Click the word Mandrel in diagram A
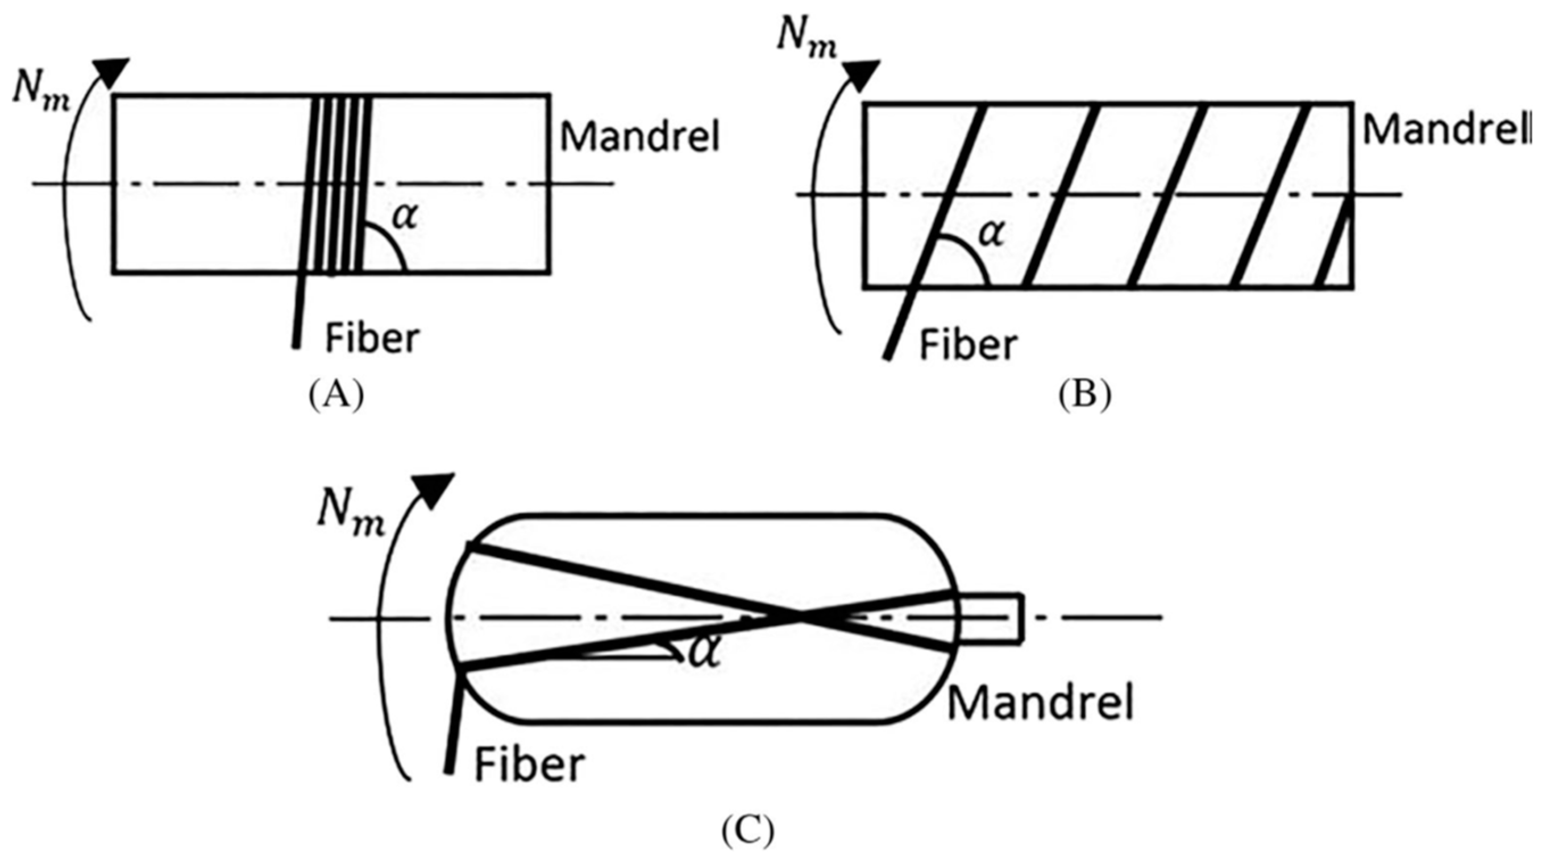tap(639, 137)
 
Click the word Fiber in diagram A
tap(372, 340)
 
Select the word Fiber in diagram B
tap(968, 346)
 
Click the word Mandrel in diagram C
tap(1040, 703)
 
